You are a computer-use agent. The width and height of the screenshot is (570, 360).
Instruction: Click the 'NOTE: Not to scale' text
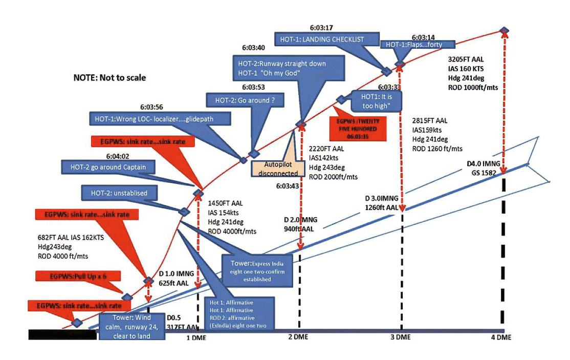coord(109,78)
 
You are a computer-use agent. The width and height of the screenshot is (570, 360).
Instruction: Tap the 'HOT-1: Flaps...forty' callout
coord(418,45)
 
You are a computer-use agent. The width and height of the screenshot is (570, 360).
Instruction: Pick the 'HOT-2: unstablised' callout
coord(120,193)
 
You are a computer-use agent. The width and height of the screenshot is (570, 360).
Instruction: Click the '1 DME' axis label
coord(195,338)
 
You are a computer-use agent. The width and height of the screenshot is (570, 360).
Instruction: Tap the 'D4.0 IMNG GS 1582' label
coord(483,168)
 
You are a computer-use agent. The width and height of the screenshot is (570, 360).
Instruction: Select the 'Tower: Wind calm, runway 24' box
coord(132,326)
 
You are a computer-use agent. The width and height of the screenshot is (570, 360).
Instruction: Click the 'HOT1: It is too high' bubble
coord(376,100)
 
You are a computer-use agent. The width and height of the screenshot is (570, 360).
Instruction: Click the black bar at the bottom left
coord(62,335)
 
